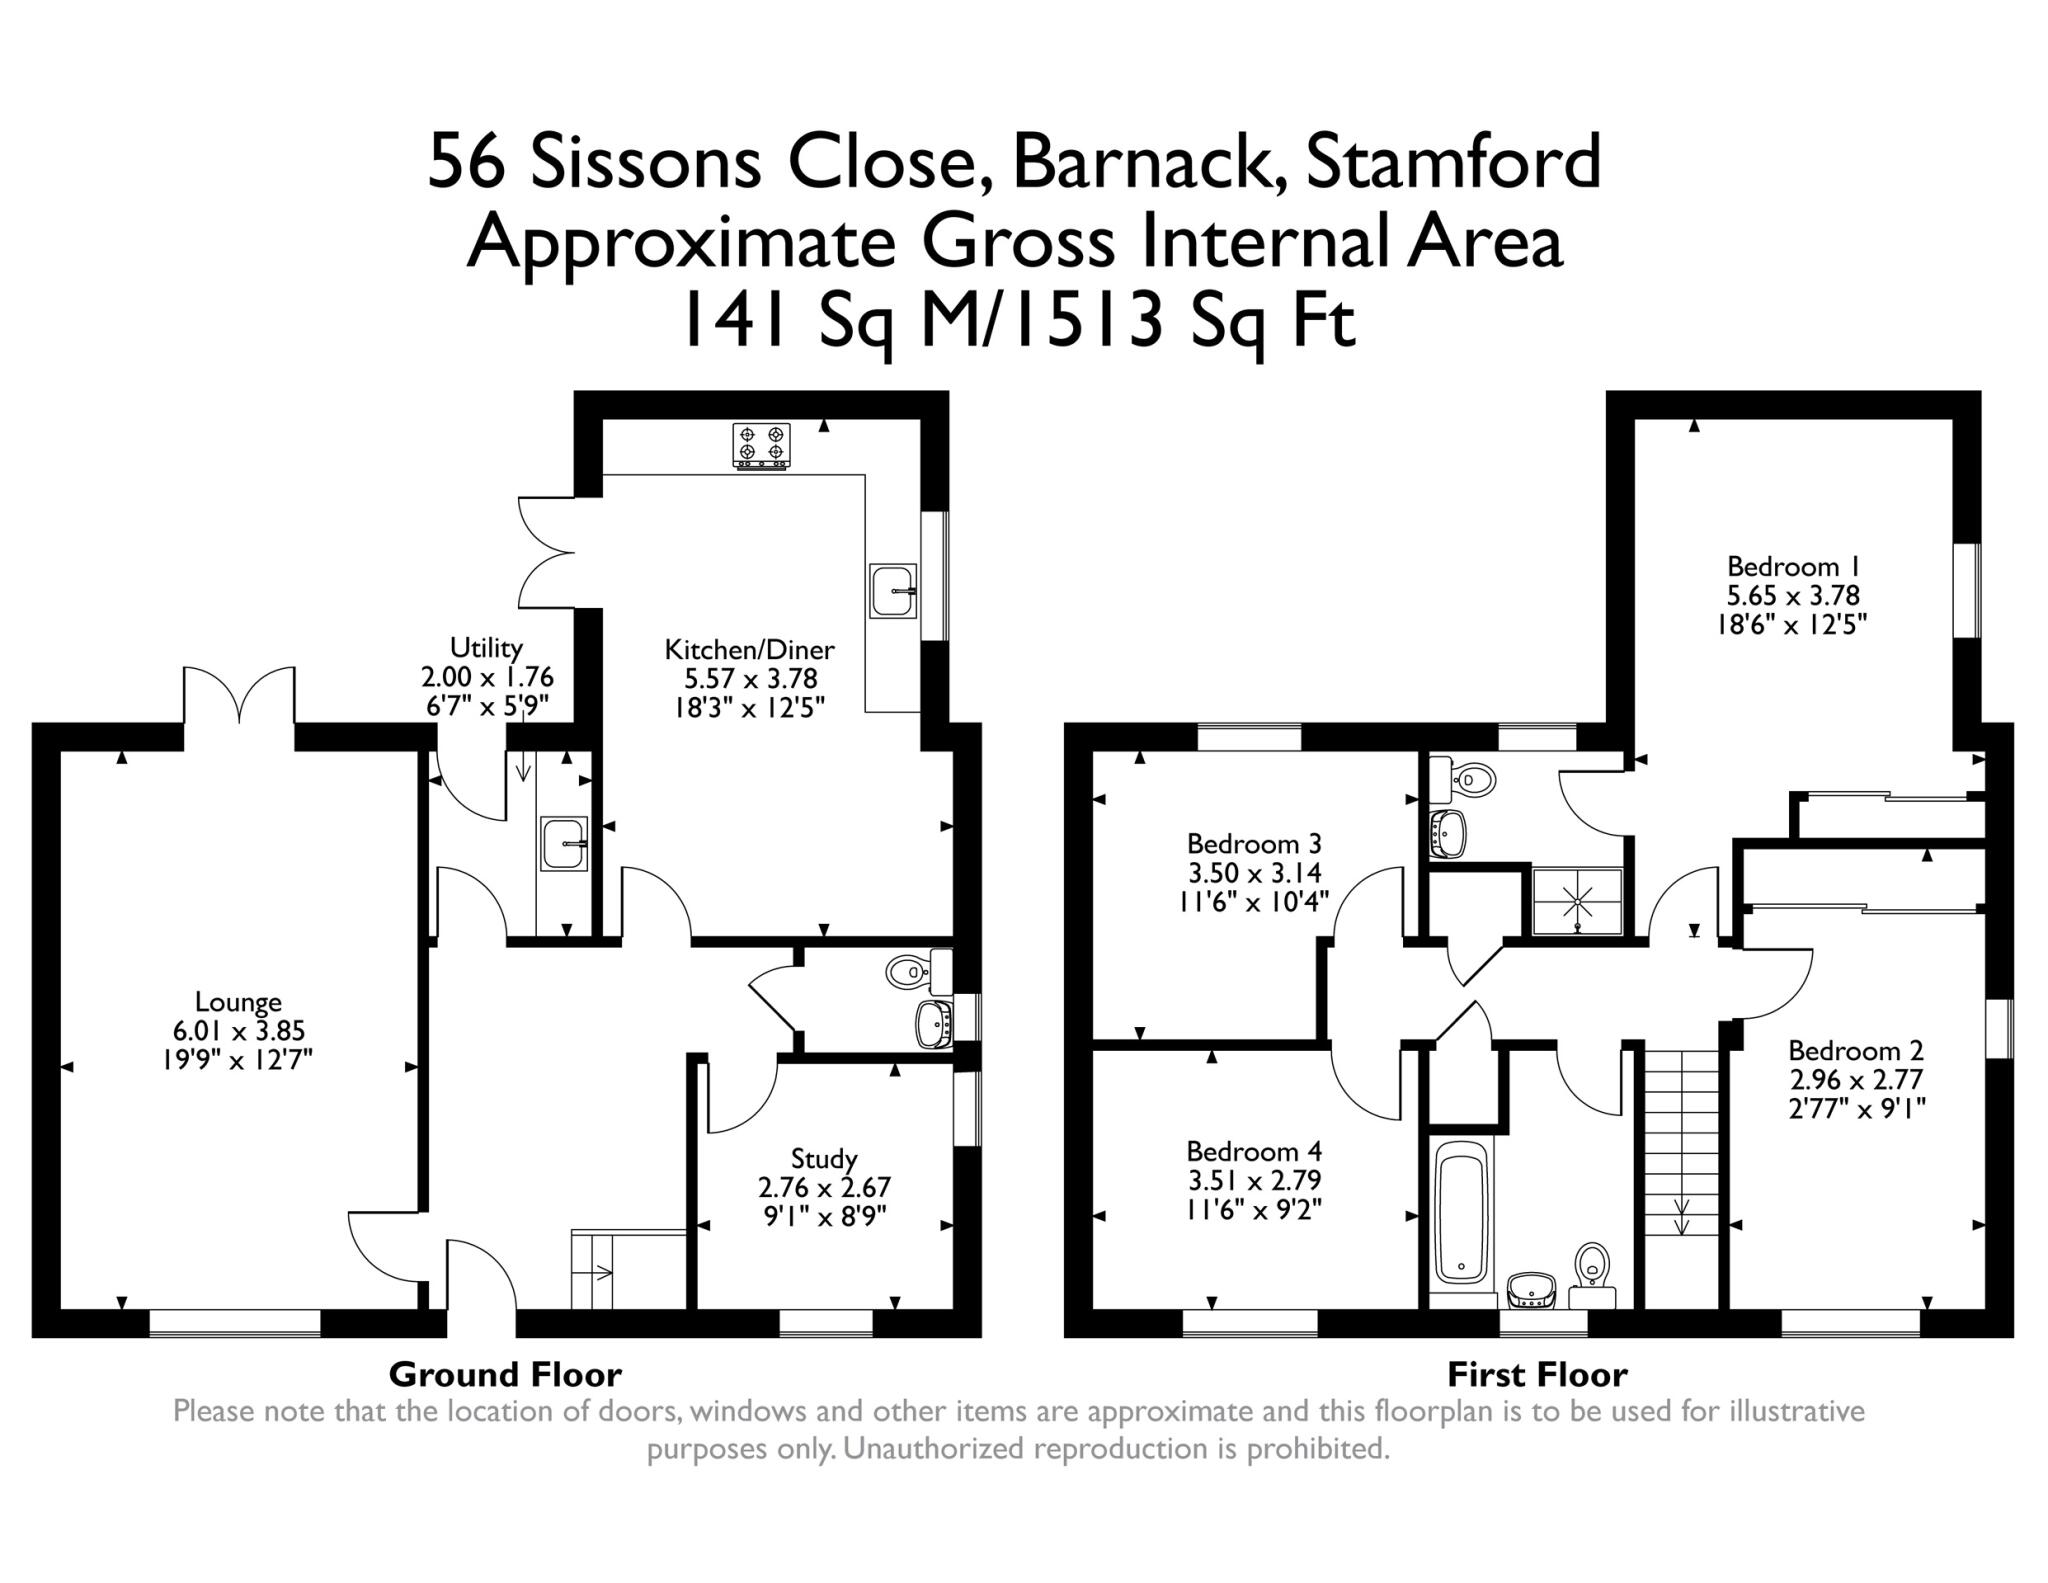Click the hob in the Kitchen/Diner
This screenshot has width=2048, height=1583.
click(762, 445)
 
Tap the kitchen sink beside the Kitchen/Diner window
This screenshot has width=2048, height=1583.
click(893, 591)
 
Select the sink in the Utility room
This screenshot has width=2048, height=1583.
click(564, 843)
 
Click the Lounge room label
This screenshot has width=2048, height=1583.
click(238, 1001)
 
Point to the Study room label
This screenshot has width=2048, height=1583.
click(824, 1159)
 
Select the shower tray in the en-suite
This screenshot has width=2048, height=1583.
click(1578, 900)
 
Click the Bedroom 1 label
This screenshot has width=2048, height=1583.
click(1792, 566)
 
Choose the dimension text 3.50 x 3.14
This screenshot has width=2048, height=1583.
click(1254, 872)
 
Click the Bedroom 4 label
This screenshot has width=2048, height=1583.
click(1254, 1151)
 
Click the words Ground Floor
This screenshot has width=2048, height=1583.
click(505, 1375)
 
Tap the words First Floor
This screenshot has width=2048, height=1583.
click(1537, 1375)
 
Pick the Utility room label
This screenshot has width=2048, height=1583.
click(486, 647)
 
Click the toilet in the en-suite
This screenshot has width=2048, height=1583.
click(1466, 778)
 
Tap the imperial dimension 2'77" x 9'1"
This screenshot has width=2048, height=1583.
click(1856, 1108)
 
